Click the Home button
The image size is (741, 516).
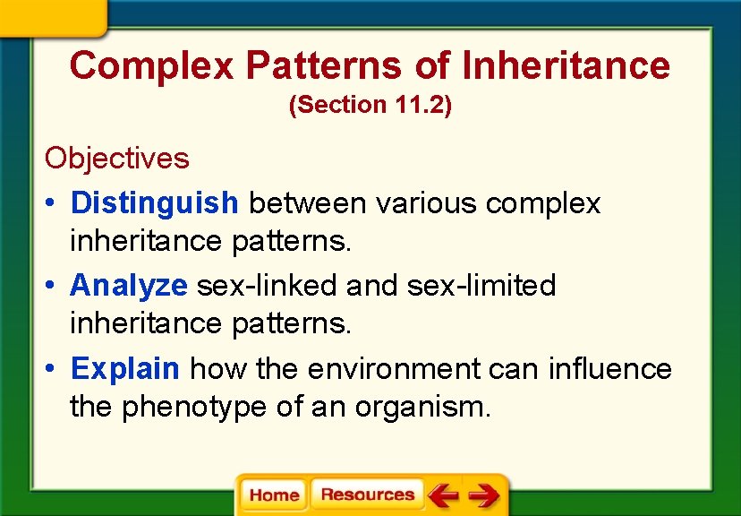click(x=274, y=495)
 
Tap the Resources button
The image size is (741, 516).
click(x=367, y=494)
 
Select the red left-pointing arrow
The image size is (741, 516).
click(x=444, y=495)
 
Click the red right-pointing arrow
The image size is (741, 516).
click(x=484, y=495)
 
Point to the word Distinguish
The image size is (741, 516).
click(x=155, y=203)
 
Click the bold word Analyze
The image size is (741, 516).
click(x=129, y=286)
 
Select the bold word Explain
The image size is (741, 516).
click(x=126, y=368)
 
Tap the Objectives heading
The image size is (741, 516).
click(x=117, y=159)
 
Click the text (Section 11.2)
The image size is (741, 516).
click(x=370, y=105)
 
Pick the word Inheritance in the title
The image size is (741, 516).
click(x=566, y=65)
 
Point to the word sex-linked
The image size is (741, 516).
click(x=268, y=286)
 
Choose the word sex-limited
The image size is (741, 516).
click(x=481, y=286)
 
